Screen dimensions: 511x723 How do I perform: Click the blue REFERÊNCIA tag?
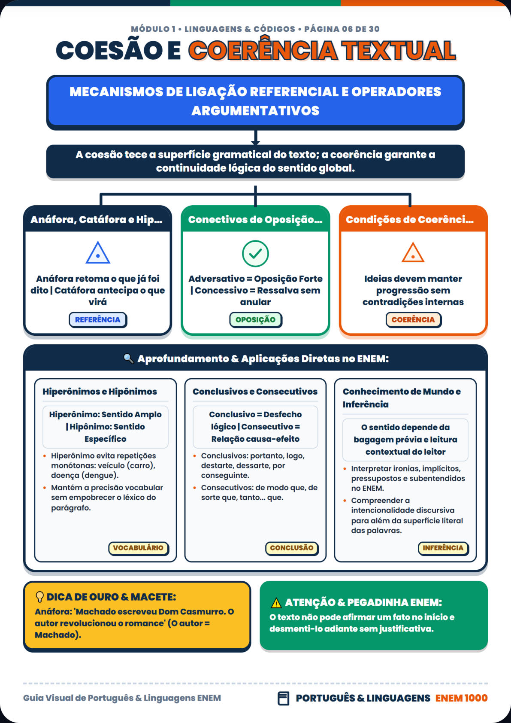98,319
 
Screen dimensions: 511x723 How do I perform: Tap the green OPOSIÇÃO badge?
256,319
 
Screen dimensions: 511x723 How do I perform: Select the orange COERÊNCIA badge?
413,319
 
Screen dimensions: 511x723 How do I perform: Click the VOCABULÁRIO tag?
139,548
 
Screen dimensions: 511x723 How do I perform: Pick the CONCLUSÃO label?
292,548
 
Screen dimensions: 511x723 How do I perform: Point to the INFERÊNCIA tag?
443,548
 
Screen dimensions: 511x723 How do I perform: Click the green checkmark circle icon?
256,254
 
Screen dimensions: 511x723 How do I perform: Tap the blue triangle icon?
98,253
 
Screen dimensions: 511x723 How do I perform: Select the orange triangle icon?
413,253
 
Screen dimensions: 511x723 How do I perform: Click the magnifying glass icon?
129,358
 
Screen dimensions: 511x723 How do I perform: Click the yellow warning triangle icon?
276,603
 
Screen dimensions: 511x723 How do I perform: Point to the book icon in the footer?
283,698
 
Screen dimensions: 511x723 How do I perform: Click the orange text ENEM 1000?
461,698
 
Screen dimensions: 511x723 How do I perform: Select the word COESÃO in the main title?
109,50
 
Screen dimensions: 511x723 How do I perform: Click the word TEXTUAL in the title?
399,50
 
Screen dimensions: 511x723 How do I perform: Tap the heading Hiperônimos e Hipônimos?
100,392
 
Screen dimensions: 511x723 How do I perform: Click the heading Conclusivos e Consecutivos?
255,392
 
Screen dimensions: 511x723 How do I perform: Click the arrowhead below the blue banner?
256,142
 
